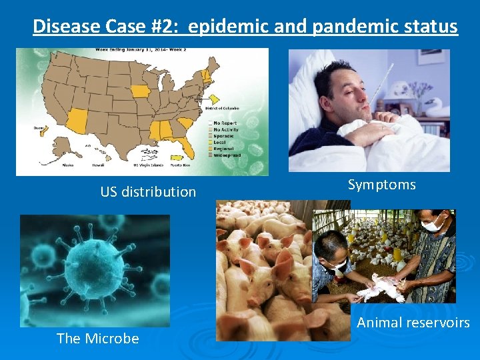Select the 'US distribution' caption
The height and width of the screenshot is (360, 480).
click(148, 192)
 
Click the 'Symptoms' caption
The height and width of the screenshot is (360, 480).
click(381, 185)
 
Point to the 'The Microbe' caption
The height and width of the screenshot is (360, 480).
click(98, 339)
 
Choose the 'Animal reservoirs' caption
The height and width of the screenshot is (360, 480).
click(413, 323)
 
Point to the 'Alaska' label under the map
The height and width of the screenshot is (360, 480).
click(67, 165)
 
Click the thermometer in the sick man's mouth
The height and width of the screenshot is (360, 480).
click(383, 87)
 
